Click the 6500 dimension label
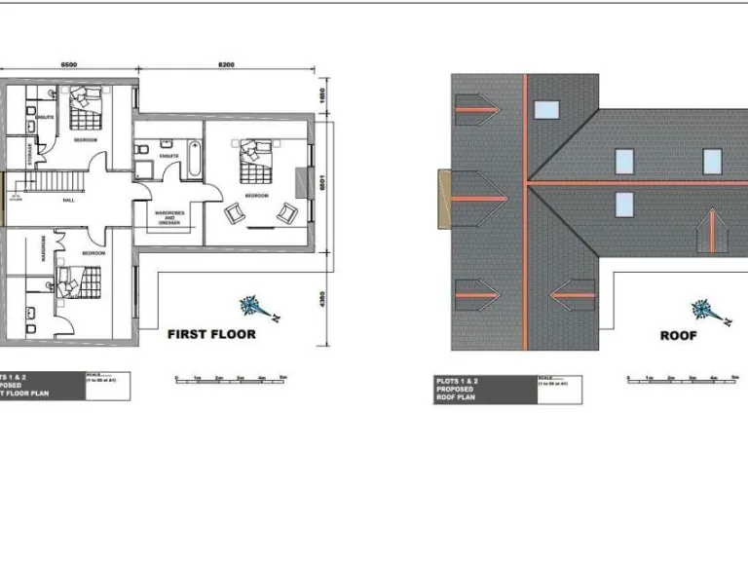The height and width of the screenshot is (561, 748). [69, 65]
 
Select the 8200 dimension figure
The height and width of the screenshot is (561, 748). [226, 65]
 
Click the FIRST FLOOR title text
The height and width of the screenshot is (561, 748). [211, 334]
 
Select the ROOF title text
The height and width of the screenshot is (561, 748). [679, 335]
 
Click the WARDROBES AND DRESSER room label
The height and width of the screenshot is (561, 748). [169, 217]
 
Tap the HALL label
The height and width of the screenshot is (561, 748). [68, 201]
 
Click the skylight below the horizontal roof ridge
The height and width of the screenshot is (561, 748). [624, 204]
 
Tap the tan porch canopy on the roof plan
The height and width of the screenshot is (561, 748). [446, 199]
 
